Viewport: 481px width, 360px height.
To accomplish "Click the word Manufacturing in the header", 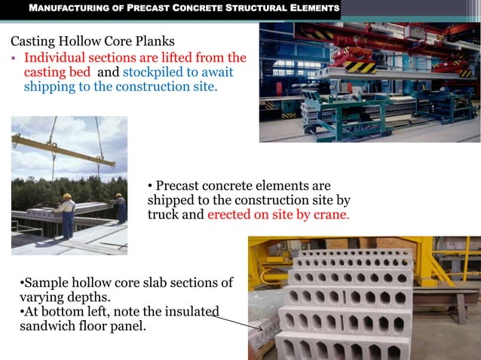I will tap(62, 9).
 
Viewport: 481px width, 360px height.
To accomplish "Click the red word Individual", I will tap(56, 58).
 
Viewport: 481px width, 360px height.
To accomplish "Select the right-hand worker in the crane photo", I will tap(118, 206).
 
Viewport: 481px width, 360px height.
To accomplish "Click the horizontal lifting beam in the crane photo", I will tap(63, 151).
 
